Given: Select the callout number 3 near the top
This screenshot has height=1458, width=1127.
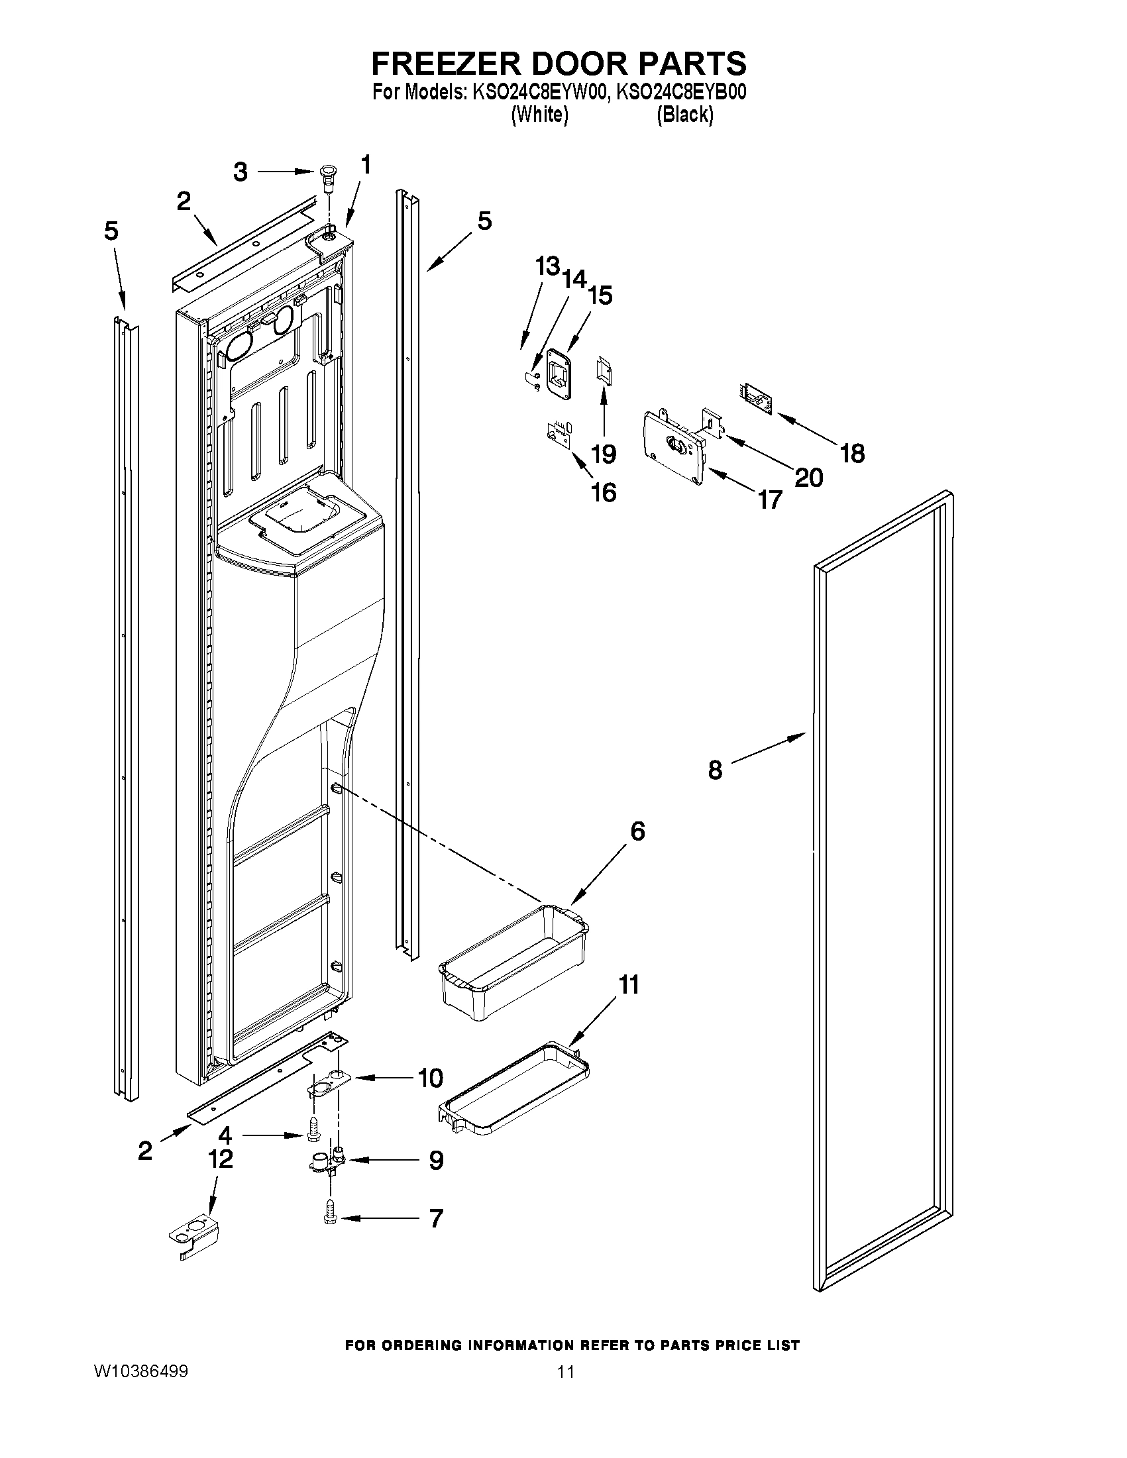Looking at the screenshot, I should [241, 172].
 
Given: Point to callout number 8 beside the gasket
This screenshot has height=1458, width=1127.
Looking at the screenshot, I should [714, 770].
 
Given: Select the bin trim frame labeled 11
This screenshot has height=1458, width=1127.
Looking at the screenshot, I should [514, 1090].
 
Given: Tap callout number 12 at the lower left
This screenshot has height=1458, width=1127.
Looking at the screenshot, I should [221, 1159].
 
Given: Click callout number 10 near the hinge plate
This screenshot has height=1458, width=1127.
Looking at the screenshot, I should [430, 1078].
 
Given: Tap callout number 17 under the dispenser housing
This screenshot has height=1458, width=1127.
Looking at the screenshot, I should [769, 499].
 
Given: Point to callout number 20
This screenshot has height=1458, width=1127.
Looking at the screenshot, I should [808, 478].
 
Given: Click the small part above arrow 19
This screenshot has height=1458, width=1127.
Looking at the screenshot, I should [604, 379].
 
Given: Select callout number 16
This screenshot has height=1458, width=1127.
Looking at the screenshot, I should [604, 493].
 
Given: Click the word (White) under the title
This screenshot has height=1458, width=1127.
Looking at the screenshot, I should [539, 115].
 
